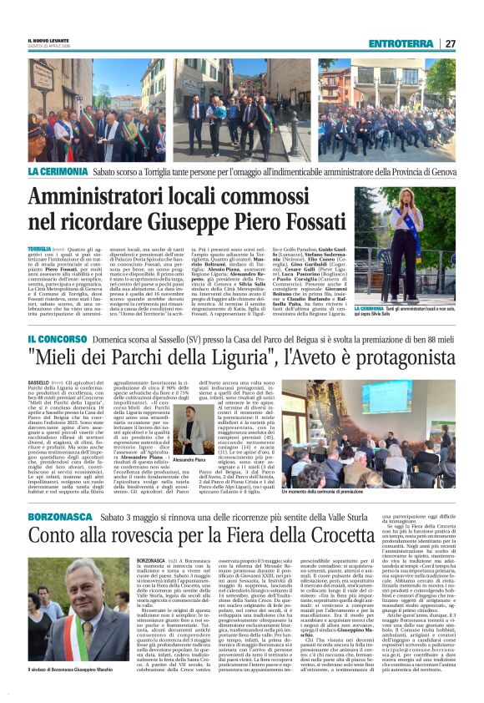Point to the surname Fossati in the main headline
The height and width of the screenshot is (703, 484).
tap(325, 222)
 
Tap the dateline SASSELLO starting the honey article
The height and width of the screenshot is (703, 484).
tap(38, 380)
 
